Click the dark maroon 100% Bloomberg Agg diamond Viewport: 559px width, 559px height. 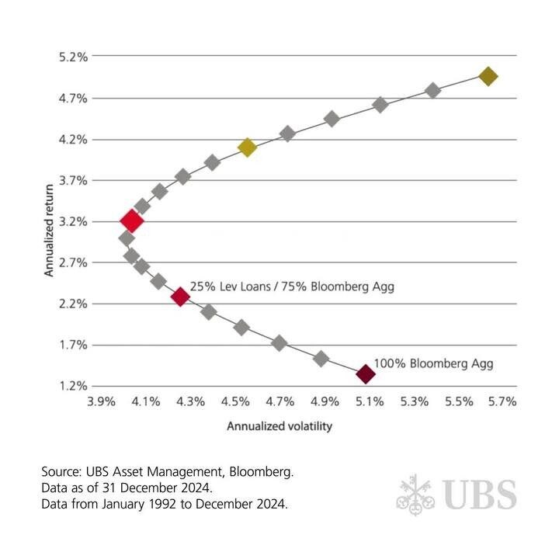365,374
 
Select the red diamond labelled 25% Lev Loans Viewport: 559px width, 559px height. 180,297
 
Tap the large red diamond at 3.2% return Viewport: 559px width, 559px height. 131,221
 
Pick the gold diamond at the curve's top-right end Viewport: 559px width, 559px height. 488,76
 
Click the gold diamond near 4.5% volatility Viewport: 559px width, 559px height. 247,147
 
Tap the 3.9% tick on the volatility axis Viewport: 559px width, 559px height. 101,402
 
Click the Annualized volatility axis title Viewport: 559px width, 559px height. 279,426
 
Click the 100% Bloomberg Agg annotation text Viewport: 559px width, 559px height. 433,363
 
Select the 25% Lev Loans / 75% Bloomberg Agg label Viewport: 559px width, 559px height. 292,287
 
